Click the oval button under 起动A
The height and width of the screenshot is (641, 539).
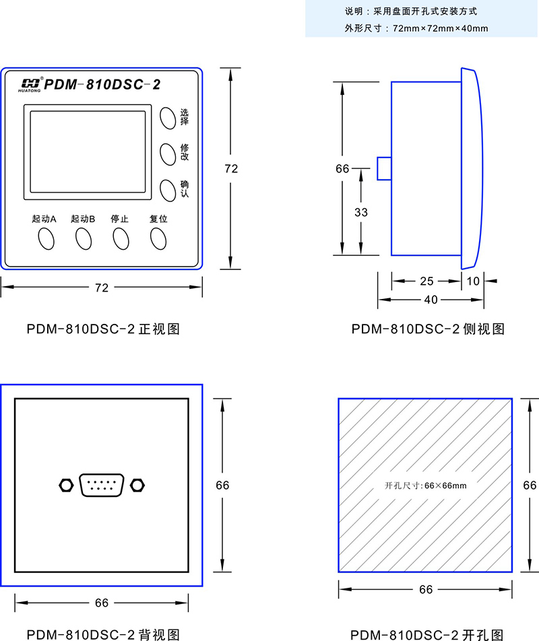point(46,238)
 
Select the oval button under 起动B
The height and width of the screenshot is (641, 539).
point(84,238)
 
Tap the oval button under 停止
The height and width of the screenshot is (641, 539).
point(121,238)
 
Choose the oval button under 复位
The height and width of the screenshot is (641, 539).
point(158,238)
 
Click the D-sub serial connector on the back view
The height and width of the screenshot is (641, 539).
point(102,485)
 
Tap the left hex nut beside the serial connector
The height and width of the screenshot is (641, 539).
point(65,485)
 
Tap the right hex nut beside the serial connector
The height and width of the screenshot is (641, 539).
point(138,485)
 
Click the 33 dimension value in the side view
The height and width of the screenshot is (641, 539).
point(361,212)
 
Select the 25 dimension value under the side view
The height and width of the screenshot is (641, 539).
point(426,281)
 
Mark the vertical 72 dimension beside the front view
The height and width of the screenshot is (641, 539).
point(231,169)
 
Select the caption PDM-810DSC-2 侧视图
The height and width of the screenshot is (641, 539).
point(428,329)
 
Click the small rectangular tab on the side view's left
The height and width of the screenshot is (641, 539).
point(384,168)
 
